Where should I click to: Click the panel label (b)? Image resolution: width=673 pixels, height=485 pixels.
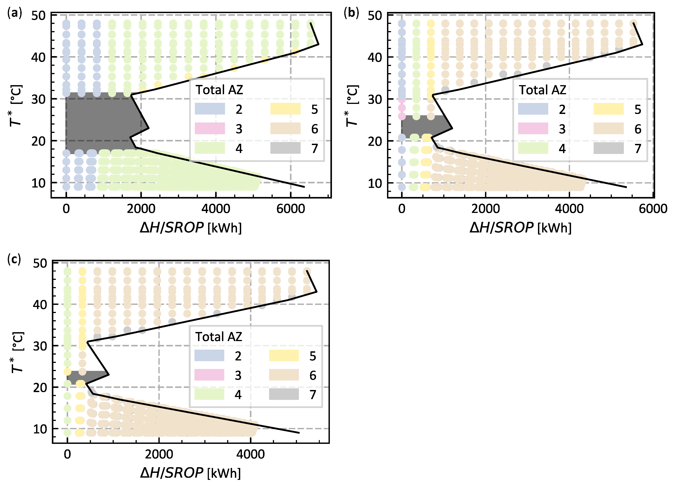coord(351,13)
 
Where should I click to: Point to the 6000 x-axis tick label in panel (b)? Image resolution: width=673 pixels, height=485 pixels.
coord(653,209)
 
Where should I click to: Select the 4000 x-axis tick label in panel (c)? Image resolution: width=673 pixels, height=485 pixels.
coord(250,454)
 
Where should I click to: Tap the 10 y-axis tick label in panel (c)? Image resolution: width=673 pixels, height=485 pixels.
coord(40,429)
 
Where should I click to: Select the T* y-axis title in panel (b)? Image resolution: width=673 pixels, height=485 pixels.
coord(352,106)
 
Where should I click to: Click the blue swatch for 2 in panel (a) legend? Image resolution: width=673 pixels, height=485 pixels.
coord(210,109)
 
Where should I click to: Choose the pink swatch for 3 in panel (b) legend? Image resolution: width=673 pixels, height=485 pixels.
coord(533,128)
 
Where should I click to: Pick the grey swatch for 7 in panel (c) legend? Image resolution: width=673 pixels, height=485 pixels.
coord(284,394)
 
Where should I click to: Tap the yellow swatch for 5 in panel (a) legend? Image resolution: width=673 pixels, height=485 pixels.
coord(285,109)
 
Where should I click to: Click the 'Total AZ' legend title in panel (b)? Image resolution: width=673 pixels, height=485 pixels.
coord(542,90)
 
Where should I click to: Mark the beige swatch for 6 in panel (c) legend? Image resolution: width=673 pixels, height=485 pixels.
coord(284,375)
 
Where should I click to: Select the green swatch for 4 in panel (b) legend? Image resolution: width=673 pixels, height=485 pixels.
coord(533,148)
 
